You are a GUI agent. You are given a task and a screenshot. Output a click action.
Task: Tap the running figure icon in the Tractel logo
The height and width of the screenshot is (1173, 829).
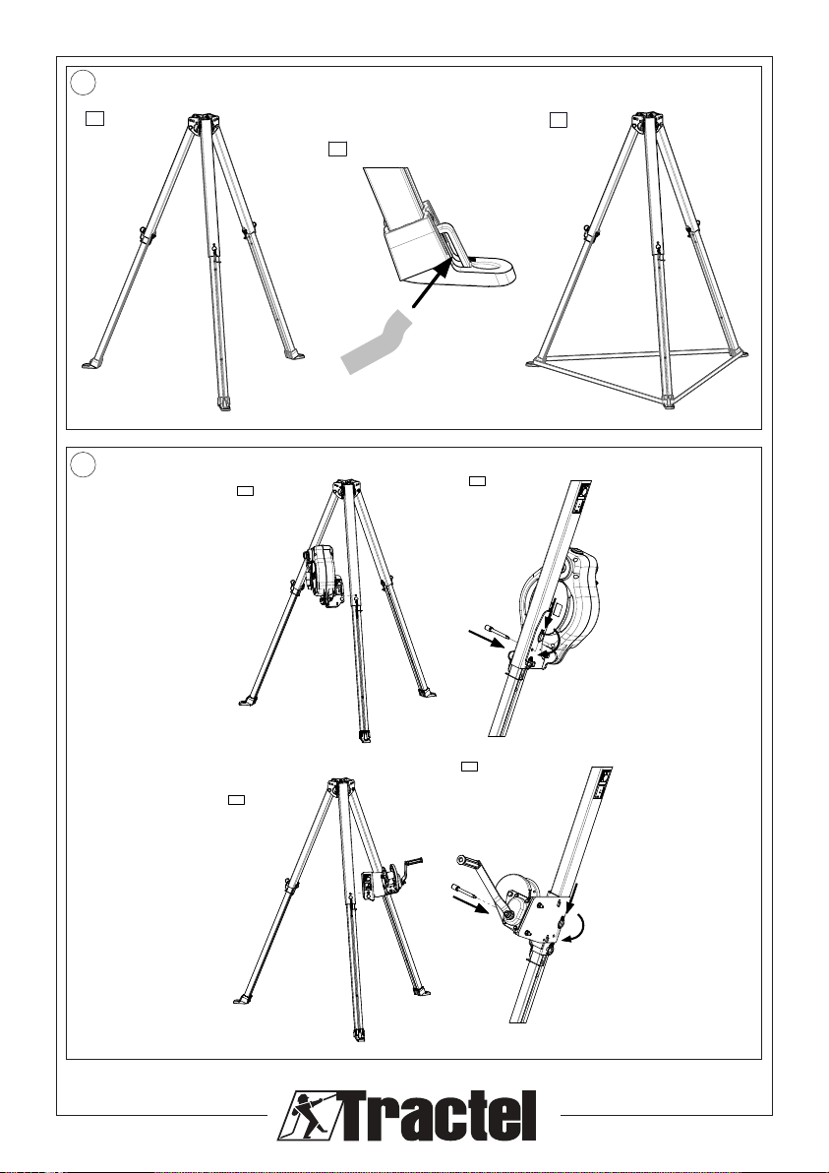(307, 1116)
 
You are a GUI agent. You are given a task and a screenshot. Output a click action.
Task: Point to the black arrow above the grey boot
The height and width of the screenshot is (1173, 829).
(435, 284)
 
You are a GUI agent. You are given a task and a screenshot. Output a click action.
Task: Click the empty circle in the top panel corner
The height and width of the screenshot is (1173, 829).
(84, 83)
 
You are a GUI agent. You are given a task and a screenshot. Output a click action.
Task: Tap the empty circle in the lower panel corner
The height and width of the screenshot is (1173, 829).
(84, 463)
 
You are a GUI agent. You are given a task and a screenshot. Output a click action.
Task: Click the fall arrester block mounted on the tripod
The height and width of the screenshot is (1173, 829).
(324, 576)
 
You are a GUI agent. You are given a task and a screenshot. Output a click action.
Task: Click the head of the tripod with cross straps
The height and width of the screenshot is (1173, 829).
(647, 122)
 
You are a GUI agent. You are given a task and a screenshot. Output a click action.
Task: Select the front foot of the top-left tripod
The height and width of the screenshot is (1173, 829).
(223, 404)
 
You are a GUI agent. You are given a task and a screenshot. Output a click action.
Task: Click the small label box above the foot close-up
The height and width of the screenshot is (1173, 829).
(337, 149)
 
